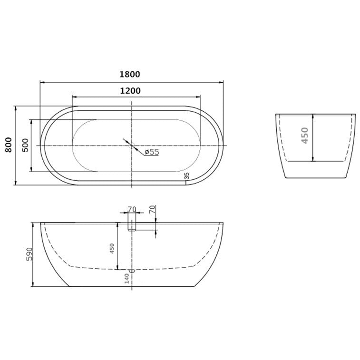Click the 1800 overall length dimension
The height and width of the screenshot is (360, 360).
[x=130, y=74]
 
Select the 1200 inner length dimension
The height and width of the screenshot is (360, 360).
[x=130, y=91]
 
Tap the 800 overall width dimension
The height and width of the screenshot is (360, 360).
[x=8, y=145]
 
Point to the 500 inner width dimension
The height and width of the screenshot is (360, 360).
[x=26, y=145]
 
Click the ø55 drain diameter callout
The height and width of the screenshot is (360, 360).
[x=152, y=152]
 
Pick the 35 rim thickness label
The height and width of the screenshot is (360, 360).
[x=187, y=176]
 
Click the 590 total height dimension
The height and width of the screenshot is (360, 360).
[x=30, y=254]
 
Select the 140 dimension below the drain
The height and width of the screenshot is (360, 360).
[x=126, y=279]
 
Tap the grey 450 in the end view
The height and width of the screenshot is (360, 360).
[x=305, y=136]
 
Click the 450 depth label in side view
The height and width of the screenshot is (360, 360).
[x=112, y=248]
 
